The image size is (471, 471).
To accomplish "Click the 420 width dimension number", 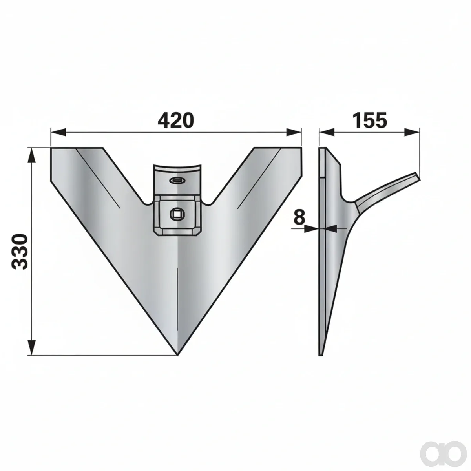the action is pos(175,120).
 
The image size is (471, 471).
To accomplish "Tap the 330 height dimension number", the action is pos(20,252).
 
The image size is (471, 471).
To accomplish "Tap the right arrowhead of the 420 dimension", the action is pos(294,133).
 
